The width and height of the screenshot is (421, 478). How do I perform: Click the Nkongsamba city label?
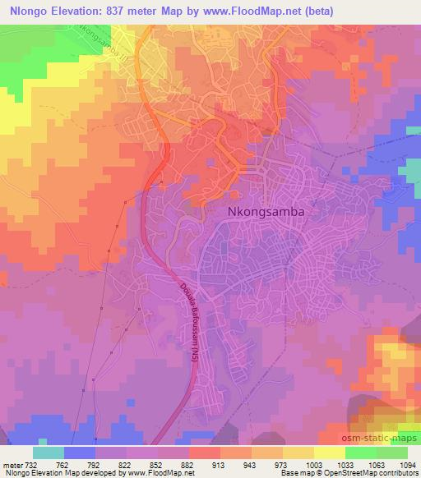tap(265, 211)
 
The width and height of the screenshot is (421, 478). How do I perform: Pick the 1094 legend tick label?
tap(406, 464)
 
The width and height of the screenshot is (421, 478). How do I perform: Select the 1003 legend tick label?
tap(313, 464)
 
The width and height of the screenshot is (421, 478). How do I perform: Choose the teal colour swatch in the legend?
tap(49, 452)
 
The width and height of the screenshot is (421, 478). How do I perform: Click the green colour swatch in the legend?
tap(391, 452)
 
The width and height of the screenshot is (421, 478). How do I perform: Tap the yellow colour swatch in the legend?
tap(329, 452)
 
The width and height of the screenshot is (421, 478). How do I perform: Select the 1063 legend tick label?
tap(376, 464)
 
